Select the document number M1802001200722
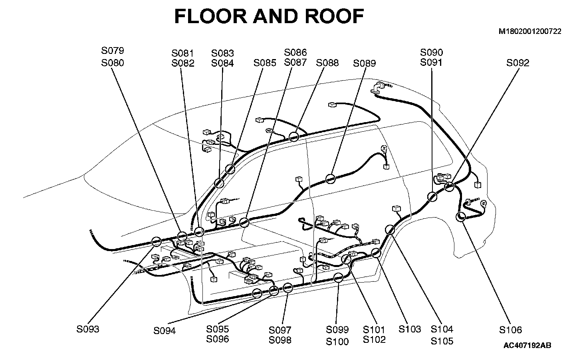click(530, 31)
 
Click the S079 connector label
click(113, 51)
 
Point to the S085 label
click(265, 63)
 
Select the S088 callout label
click(327, 63)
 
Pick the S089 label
click(365, 63)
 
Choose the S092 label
click(518, 63)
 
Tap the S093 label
click(88, 330)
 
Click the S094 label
click(165, 331)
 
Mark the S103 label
click(410, 329)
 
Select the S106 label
click(511, 330)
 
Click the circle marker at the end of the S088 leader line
click(294, 137)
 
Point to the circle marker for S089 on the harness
click(330, 178)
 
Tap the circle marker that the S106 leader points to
click(460, 217)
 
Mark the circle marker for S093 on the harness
click(156, 241)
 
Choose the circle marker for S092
click(449, 186)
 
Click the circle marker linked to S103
click(376, 253)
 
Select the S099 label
click(337, 330)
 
